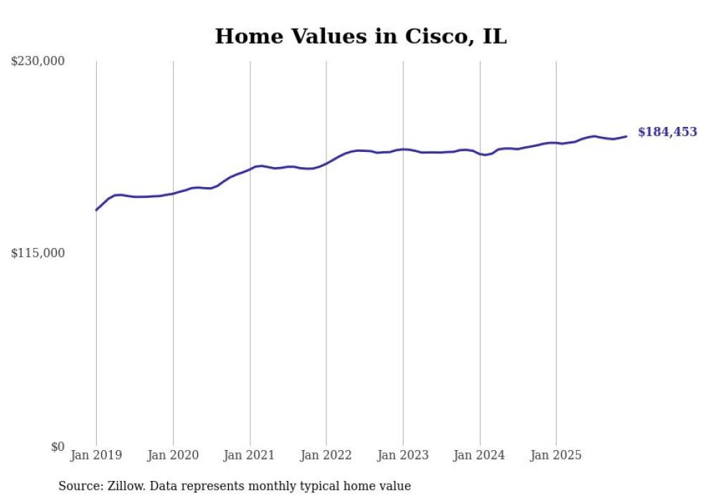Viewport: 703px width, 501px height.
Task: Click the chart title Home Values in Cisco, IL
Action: pyautogui.click(x=361, y=37)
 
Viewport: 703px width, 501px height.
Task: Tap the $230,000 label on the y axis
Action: pyautogui.click(x=38, y=62)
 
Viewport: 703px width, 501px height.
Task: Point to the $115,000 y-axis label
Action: pyautogui.click(x=38, y=253)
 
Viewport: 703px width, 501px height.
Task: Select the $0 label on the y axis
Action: pyautogui.click(x=57, y=447)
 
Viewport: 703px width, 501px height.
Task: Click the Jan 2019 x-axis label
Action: pyautogui.click(x=96, y=455)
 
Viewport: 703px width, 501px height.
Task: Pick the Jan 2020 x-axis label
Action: pyautogui.click(x=173, y=455)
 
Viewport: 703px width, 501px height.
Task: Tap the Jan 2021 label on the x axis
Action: pyautogui.click(x=249, y=455)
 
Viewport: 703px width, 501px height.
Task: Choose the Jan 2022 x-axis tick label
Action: pyautogui.click(x=326, y=455)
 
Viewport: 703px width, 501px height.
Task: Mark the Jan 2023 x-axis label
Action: pyautogui.click(x=402, y=455)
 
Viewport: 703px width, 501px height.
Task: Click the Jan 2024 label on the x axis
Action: pyautogui.click(x=479, y=455)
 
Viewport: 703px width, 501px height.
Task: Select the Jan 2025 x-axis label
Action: pyautogui.click(x=556, y=455)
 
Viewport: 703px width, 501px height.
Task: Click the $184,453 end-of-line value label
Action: pyautogui.click(x=667, y=132)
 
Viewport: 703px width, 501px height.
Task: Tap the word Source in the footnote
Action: pyautogui.click(x=79, y=486)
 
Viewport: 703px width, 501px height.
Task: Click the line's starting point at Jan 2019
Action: pyautogui.click(x=96, y=210)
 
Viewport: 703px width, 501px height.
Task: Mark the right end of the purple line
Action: pyautogui.click(x=626, y=136)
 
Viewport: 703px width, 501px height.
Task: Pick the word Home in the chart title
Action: pyautogui.click(x=244, y=37)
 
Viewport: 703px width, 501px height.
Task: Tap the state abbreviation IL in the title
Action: pyautogui.click(x=494, y=37)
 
